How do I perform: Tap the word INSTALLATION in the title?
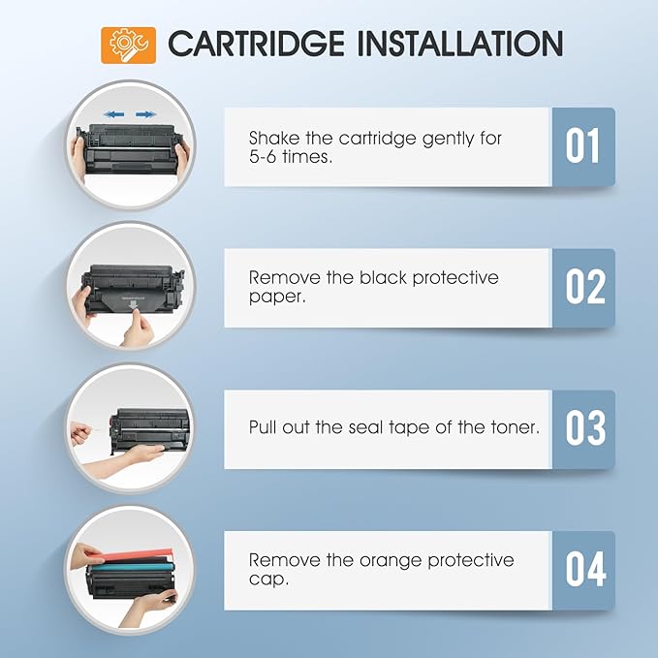471,45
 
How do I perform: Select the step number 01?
582,147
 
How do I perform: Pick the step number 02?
582,288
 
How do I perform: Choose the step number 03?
582,429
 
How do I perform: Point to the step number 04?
582,570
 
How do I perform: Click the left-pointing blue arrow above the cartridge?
114,114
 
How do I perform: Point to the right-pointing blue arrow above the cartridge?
145,114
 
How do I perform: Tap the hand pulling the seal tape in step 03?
81,433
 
